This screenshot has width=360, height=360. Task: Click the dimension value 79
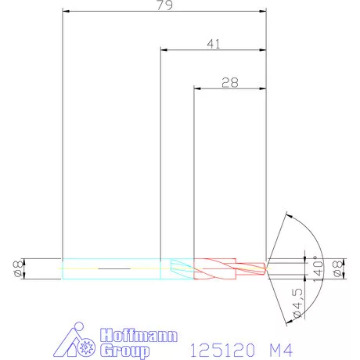165,5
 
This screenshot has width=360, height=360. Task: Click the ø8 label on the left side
18,268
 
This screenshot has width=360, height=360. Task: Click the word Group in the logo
125,350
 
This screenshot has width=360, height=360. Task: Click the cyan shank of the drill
110,268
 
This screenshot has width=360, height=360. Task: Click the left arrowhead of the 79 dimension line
66,12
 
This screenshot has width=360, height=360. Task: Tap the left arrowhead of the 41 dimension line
164,49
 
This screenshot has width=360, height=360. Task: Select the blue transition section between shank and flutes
177,268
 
